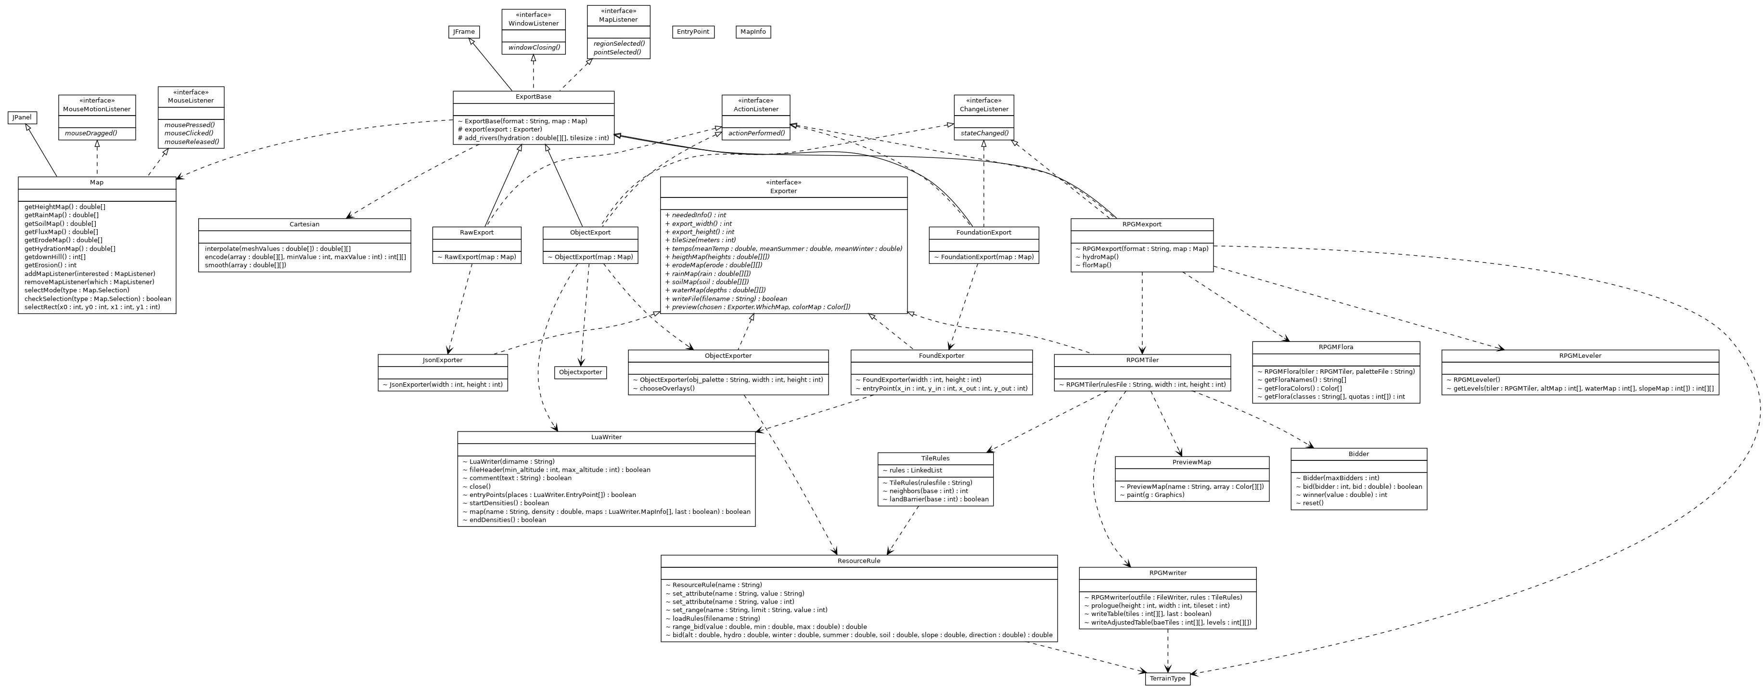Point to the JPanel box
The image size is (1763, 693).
pos(22,118)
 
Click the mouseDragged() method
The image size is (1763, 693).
pos(97,133)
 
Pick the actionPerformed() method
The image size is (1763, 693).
pos(755,133)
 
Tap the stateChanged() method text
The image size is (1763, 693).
pos(984,133)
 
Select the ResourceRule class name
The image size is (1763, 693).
pos(858,561)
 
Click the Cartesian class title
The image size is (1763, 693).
pos(304,224)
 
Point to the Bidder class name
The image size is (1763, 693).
pos(1358,454)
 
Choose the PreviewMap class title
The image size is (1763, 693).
pos(1191,462)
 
